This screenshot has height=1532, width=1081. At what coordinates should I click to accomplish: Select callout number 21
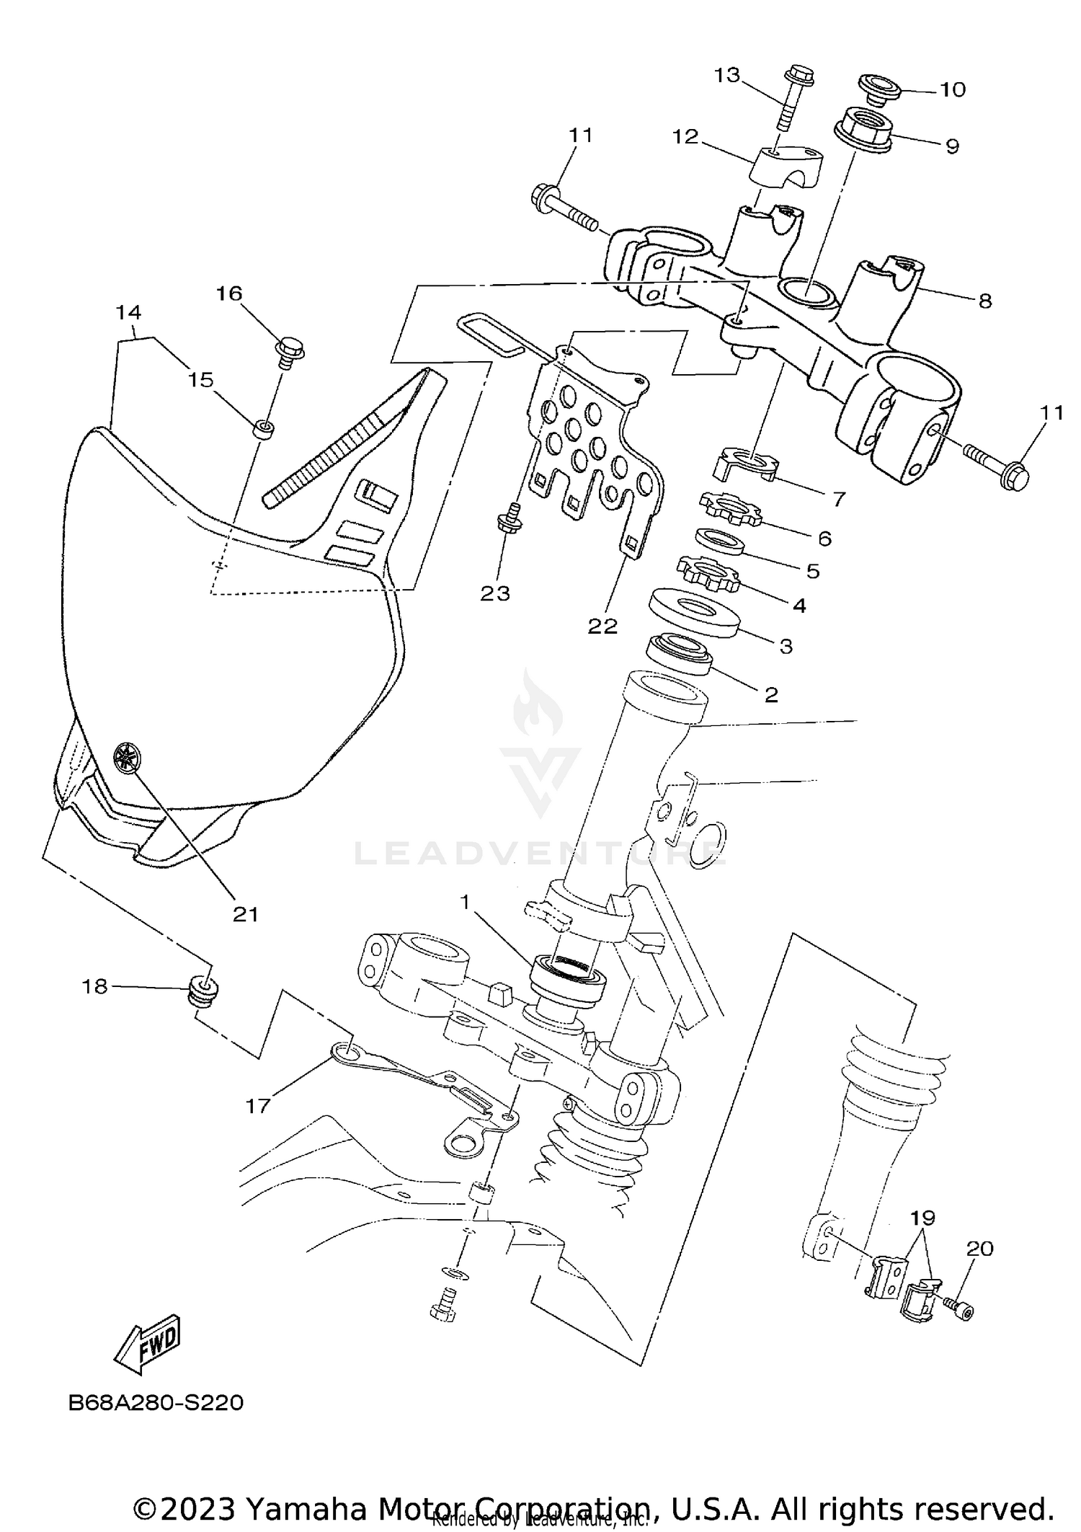pyautogui.click(x=245, y=914)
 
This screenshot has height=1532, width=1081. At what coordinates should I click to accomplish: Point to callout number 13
pyautogui.click(x=727, y=75)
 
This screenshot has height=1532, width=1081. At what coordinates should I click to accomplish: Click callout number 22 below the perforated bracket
pyautogui.click(x=602, y=626)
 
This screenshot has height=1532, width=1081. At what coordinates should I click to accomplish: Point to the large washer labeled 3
pyautogui.click(x=693, y=612)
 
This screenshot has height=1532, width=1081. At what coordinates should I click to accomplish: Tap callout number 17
pyautogui.click(x=257, y=1105)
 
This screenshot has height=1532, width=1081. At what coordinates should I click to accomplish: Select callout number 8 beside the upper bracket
pyautogui.click(x=984, y=300)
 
